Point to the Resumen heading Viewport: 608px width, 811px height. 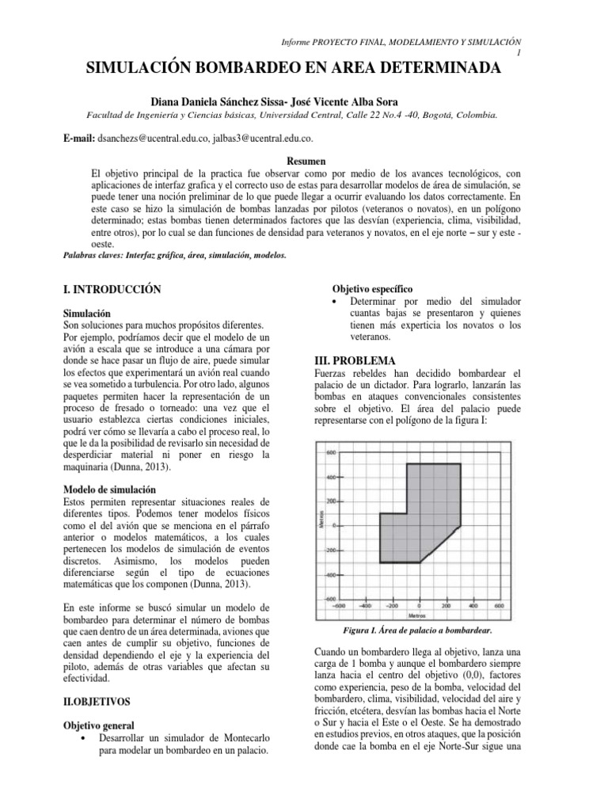tap(304, 161)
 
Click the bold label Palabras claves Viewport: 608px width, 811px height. tap(98, 256)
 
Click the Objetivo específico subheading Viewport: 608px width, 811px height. tap(372, 288)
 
